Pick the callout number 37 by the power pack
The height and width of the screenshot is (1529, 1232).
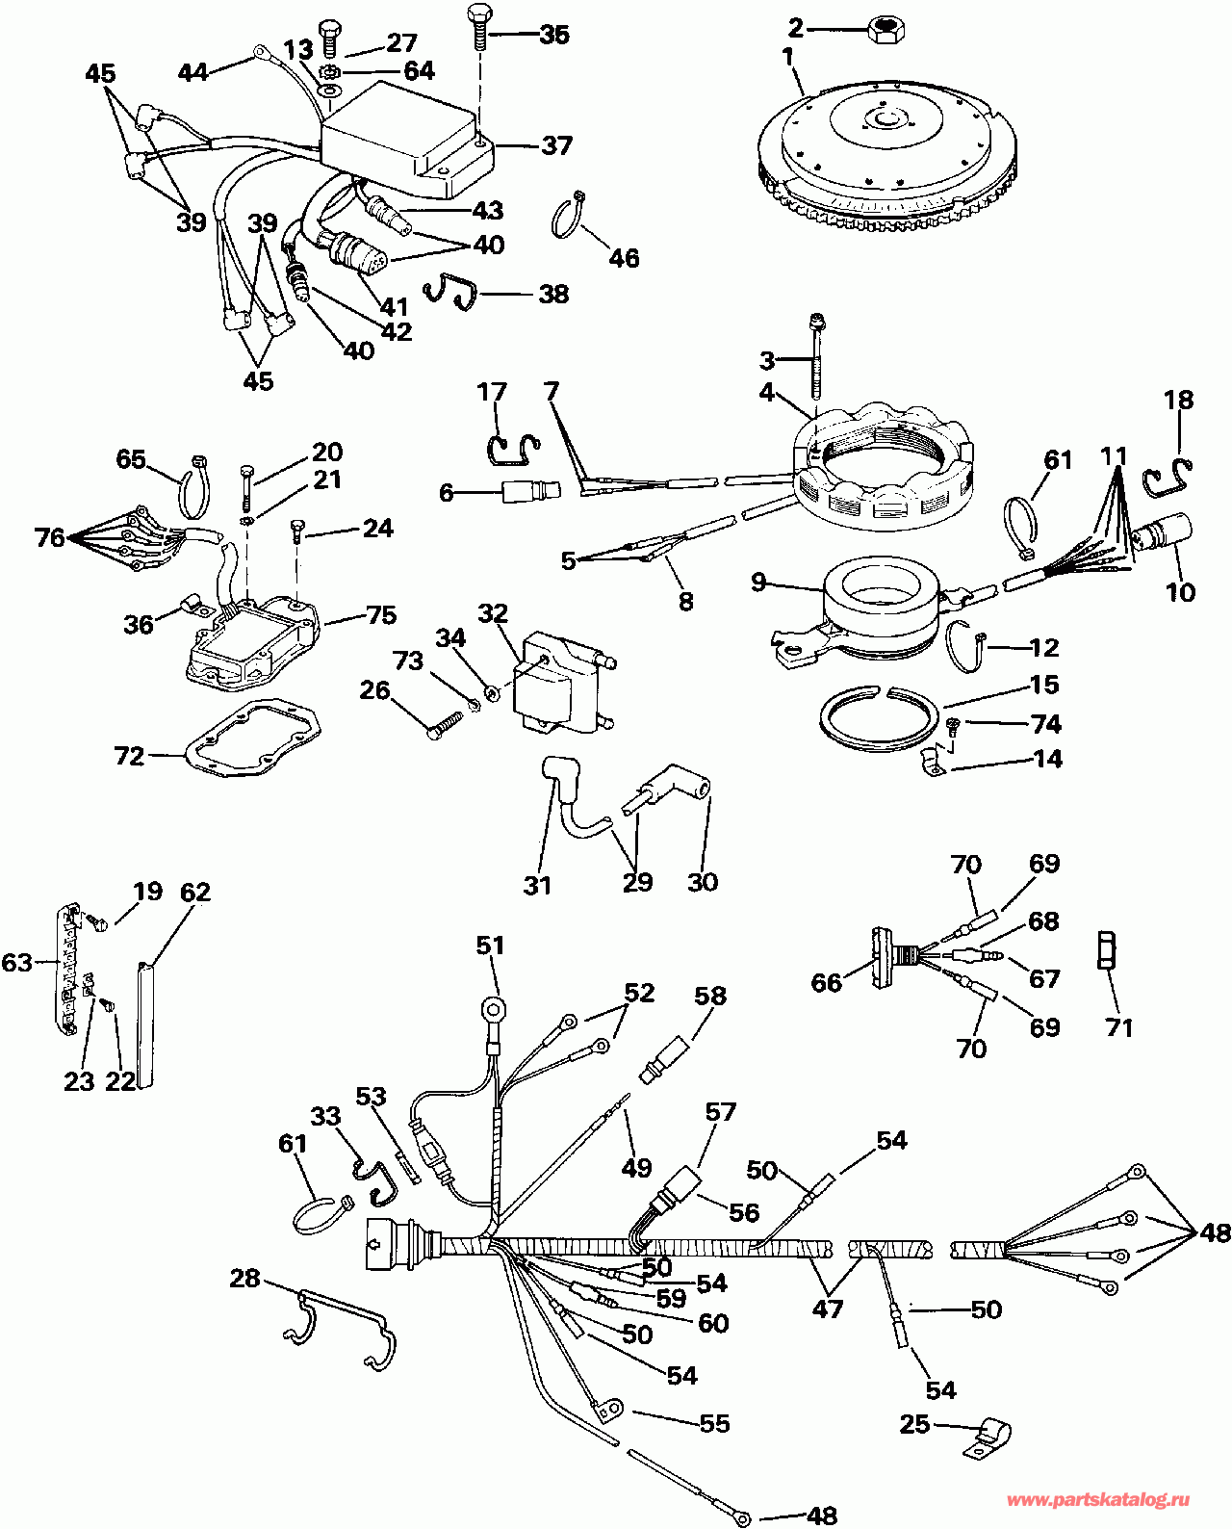pos(556,145)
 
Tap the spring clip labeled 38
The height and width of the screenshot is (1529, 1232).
pos(450,292)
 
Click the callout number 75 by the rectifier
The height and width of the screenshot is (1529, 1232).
pos(381,615)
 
